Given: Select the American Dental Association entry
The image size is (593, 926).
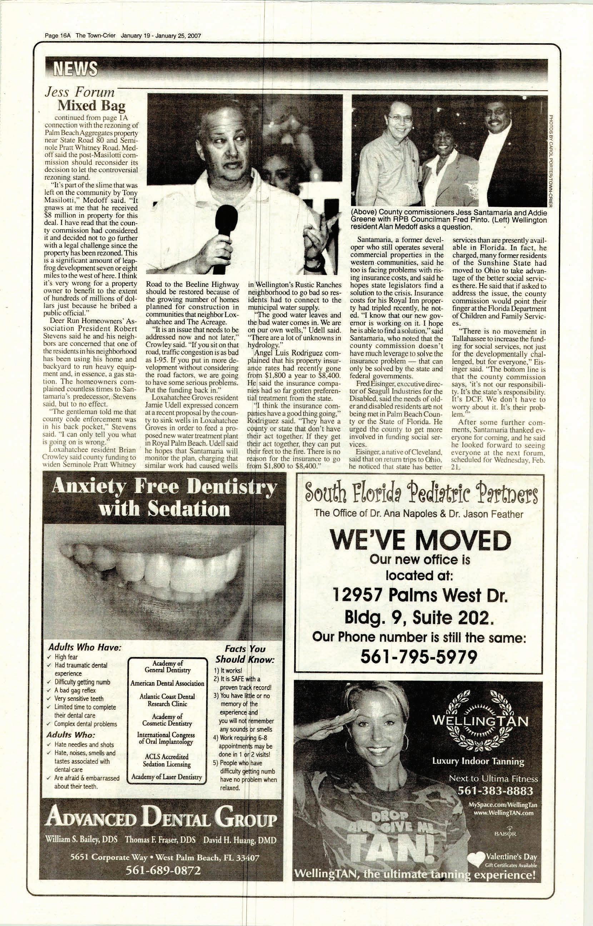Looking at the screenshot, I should coord(167,683).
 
